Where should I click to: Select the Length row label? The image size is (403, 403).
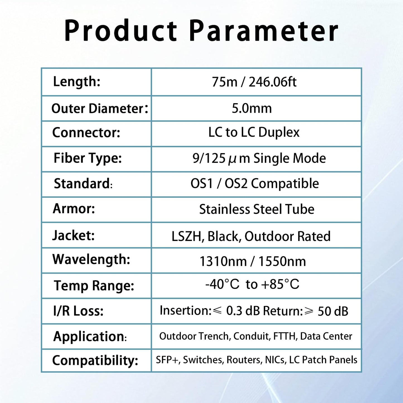point(76,82)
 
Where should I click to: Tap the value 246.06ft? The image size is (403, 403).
point(272,82)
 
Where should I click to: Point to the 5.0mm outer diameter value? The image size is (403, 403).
point(252,108)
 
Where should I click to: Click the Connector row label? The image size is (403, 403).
point(86,132)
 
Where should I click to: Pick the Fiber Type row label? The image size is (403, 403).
point(88,158)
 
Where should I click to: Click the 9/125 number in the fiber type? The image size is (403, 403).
point(209,158)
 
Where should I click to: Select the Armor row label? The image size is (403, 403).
point(74,209)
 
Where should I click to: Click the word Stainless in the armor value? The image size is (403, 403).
point(224,209)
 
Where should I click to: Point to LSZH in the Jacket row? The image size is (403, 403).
point(186,236)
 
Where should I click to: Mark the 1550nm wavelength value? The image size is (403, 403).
point(282,262)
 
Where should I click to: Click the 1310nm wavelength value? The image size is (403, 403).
point(223,262)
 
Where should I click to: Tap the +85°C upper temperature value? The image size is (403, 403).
point(280,284)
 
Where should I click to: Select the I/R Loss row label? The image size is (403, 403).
point(78,311)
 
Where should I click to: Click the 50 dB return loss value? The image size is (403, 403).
point(333,311)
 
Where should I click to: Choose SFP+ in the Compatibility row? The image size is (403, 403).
point(167,360)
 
